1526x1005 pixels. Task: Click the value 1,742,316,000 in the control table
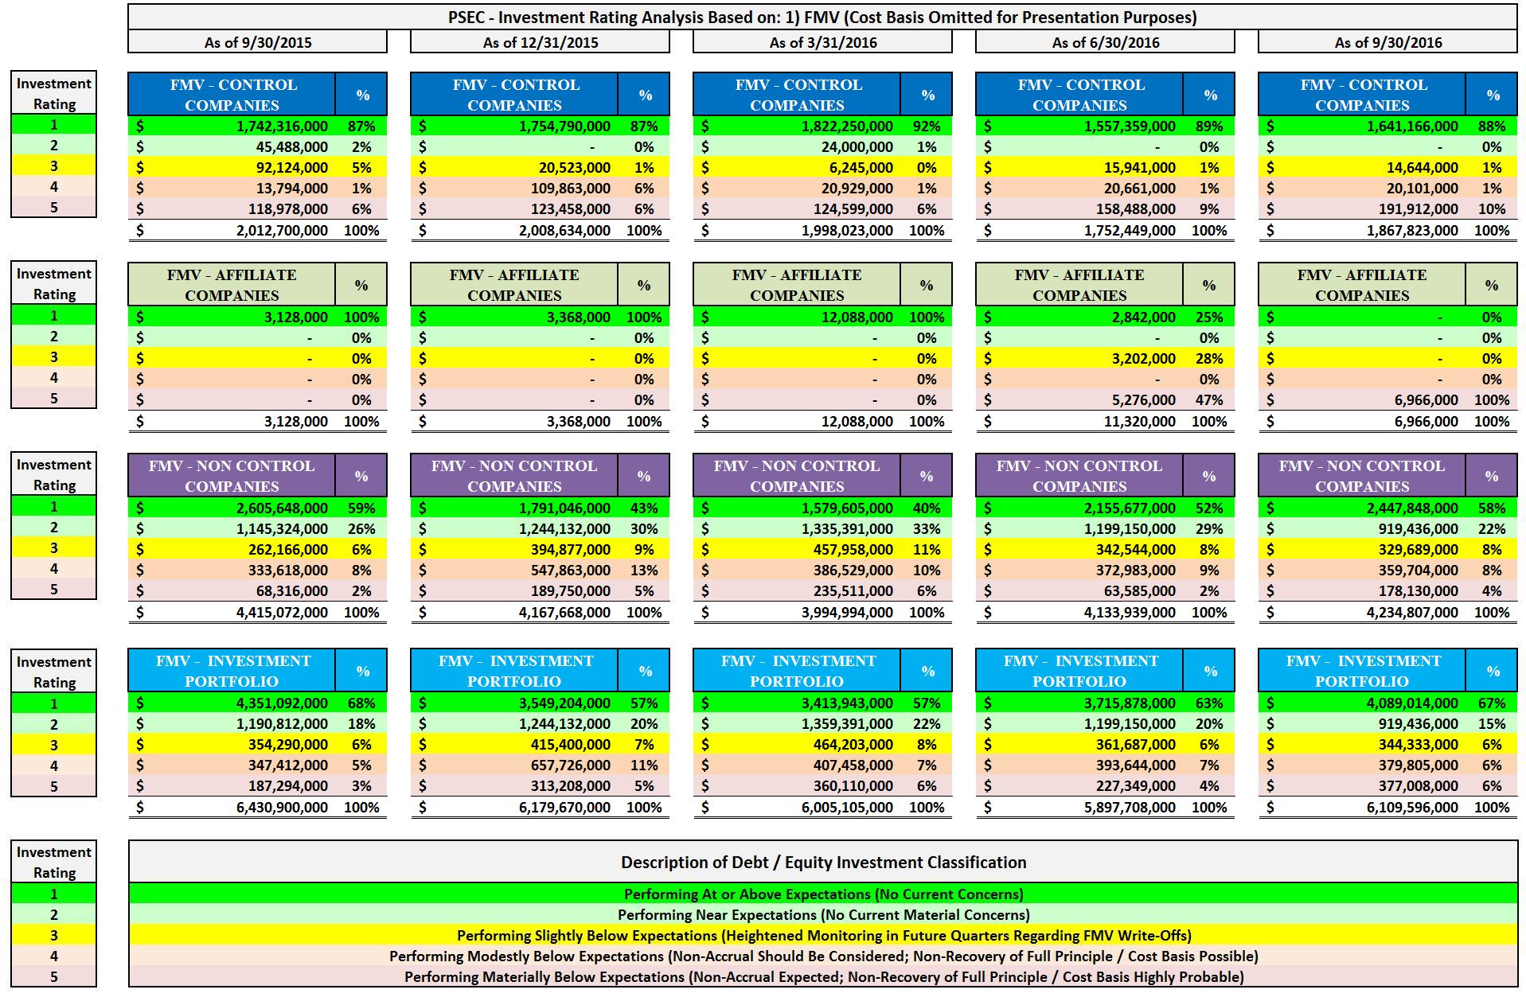click(282, 127)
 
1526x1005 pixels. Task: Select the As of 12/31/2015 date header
click(540, 42)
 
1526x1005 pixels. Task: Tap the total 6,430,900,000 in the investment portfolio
click(282, 808)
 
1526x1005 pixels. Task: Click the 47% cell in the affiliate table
click(1208, 400)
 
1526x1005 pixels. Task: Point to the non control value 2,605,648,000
click(282, 508)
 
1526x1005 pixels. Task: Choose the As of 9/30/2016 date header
click(1387, 42)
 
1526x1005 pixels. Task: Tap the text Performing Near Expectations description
click(823, 915)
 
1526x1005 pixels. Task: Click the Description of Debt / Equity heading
click(823, 863)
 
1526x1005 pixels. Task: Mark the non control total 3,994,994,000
click(847, 613)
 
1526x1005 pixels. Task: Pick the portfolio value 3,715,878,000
click(1130, 703)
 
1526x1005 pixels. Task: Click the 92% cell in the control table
click(927, 127)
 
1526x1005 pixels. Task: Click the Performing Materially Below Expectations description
click(823, 977)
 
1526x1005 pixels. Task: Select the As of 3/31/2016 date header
click(822, 42)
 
